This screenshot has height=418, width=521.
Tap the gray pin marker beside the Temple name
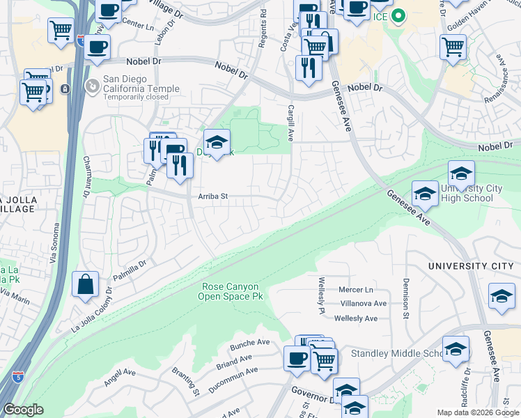coord(92,85)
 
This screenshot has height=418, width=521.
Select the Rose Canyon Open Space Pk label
coord(233,291)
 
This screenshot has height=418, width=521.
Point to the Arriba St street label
coord(213,197)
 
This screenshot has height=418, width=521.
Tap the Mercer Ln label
coord(355,290)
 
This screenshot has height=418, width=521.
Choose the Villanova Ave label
coord(363,304)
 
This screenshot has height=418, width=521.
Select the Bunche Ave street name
coord(249,343)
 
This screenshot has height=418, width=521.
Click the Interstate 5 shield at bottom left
coord(17,378)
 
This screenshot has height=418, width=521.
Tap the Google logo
coord(24,410)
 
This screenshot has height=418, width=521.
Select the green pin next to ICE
coord(398,15)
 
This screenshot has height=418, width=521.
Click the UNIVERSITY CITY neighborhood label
coord(470,266)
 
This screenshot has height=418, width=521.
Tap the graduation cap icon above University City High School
coord(461,173)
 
